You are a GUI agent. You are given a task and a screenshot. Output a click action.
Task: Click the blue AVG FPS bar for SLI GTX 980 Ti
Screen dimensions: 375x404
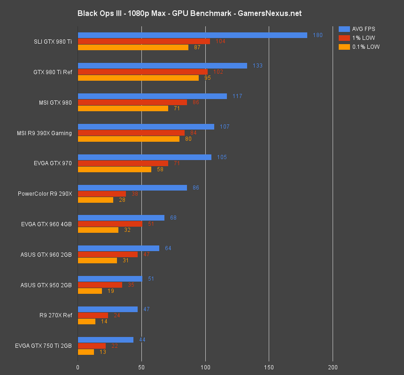point(192,35)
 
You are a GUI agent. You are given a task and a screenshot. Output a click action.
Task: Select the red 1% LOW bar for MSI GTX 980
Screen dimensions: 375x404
point(132,102)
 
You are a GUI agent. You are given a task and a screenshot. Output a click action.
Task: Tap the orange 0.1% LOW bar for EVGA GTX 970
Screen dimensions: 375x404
point(114,169)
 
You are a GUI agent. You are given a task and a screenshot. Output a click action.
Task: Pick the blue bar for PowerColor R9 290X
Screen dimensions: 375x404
point(132,188)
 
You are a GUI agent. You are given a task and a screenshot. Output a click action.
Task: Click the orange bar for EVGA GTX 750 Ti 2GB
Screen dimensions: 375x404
point(85,352)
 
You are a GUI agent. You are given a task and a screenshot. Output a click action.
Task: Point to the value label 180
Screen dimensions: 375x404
point(318,35)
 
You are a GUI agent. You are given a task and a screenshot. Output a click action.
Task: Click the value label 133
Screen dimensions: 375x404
point(257,66)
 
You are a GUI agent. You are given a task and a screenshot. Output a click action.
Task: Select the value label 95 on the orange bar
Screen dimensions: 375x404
point(208,78)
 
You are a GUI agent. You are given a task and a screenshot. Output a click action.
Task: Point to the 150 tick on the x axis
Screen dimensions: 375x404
point(269,367)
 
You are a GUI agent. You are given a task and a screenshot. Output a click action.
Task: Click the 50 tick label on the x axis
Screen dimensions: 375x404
point(141,367)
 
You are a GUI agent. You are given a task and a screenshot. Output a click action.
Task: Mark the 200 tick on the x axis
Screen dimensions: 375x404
point(333,367)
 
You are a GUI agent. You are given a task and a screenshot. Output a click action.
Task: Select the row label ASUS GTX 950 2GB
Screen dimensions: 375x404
point(46,285)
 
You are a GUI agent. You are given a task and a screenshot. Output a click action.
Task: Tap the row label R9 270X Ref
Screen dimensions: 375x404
point(56,315)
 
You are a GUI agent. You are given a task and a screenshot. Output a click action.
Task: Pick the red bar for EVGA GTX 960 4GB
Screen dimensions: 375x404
point(109,224)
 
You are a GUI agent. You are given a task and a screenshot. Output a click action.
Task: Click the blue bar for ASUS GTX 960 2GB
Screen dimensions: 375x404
point(118,248)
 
